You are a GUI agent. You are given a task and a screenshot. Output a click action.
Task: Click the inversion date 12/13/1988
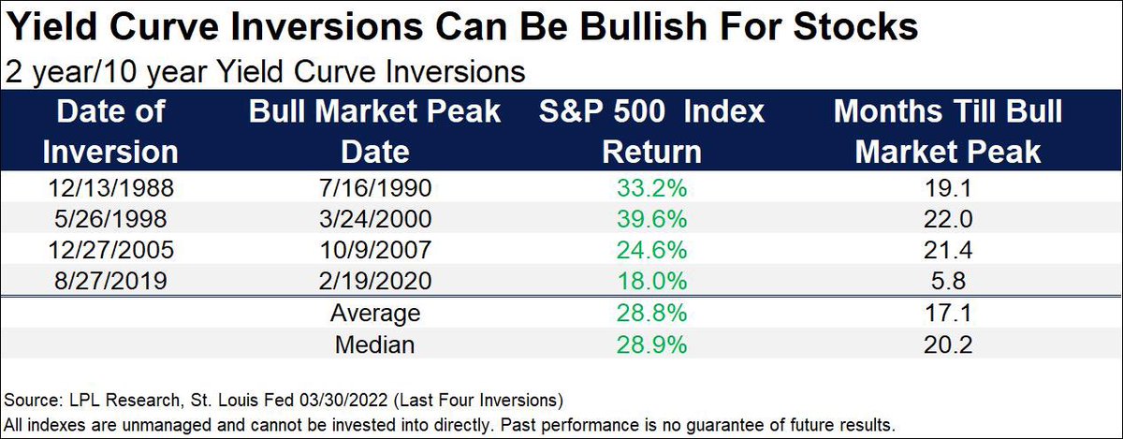coord(111,188)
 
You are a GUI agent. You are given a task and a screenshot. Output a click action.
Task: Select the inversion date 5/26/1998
coord(111,218)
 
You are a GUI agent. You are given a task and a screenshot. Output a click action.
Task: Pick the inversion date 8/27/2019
coord(111,280)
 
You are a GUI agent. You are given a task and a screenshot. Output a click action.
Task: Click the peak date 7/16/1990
coord(375,188)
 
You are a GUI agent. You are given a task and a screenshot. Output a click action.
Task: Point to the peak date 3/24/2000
coord(375,218)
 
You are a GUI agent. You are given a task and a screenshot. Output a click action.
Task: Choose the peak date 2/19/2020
coord(375,280)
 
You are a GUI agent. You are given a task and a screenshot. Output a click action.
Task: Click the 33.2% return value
coord(652,188)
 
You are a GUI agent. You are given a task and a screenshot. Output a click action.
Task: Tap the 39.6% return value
coord(652,218)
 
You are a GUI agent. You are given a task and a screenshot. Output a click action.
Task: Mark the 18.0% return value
coord(652,280)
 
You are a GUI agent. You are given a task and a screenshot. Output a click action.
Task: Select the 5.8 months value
coord(948,280)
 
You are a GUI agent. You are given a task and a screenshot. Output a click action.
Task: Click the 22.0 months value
coord(948,218)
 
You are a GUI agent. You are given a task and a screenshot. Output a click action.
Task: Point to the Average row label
coord(377,313)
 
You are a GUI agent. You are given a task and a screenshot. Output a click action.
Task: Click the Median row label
coord(377,344)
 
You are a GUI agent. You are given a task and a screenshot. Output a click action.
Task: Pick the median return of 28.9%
coord(652,344)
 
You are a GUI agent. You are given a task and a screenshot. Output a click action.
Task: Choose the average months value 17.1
coord(948,313)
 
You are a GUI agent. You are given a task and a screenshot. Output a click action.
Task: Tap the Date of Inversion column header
coord(111,131)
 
